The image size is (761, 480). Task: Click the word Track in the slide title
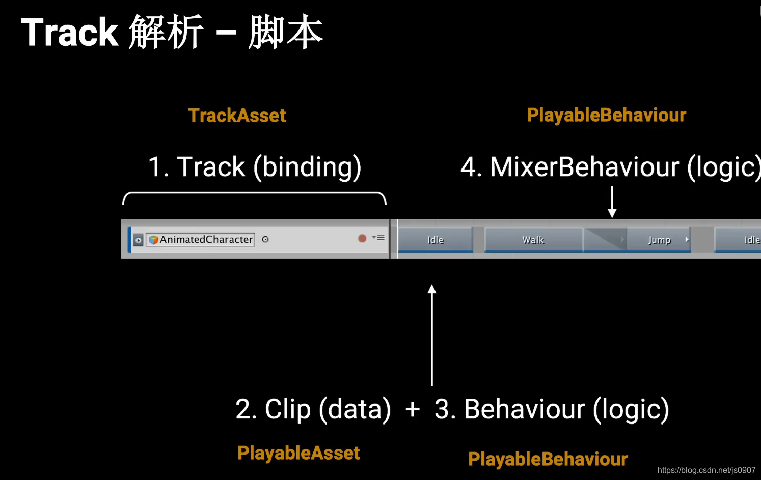[x=70, y=33]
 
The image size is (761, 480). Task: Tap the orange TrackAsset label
[x=237, y=116]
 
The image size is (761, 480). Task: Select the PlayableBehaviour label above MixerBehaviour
[x=606, y=115]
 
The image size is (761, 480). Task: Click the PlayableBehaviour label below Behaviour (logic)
[x=548, y=459]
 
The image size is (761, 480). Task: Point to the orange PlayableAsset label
[x=298, y=453]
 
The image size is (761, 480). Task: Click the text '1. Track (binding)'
[x=254, y=167]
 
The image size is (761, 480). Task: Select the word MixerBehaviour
[x=584, y=167]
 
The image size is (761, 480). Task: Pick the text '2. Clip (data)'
[x=313, y=409]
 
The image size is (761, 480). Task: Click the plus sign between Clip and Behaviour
[x=413, y=409]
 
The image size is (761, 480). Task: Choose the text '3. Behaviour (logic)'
[x=552, y=409]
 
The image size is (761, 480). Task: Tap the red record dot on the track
[x=362, y=238]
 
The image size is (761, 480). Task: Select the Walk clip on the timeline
[x=533, y=240]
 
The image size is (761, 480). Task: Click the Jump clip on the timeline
[x=659, y=240]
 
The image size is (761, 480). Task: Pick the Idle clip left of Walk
[x=436, y=240]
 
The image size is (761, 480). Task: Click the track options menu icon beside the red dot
[x=379, y=238]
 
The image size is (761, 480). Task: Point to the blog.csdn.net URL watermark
[x=706, y=470]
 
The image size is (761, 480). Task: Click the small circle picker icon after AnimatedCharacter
[x=265, y=239]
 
